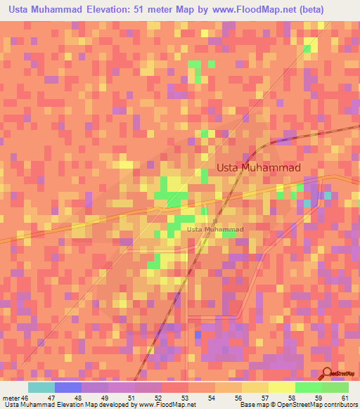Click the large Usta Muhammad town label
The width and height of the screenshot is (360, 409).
258,168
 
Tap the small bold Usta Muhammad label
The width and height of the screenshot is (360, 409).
215,229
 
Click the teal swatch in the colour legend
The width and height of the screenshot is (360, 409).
41,387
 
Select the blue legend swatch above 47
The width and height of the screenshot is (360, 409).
68,387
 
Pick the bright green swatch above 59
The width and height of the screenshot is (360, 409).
308,387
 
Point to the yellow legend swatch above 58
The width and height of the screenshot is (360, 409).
281,387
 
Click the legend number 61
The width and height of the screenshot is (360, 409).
344,398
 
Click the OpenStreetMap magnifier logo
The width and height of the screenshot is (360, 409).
326,373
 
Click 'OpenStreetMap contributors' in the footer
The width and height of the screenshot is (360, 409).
316,405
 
